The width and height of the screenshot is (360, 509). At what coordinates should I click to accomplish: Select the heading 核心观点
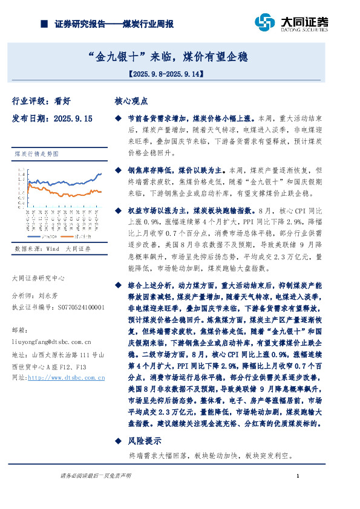coord(131,102)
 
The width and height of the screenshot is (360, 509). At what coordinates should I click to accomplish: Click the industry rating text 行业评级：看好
coord(42,102)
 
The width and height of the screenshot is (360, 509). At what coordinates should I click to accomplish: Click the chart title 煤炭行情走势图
coord(35,155)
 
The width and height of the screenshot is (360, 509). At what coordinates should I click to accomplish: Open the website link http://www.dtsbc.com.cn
coord(67,377)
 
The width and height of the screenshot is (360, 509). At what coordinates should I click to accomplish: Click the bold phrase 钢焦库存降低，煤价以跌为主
coord(168,171)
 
